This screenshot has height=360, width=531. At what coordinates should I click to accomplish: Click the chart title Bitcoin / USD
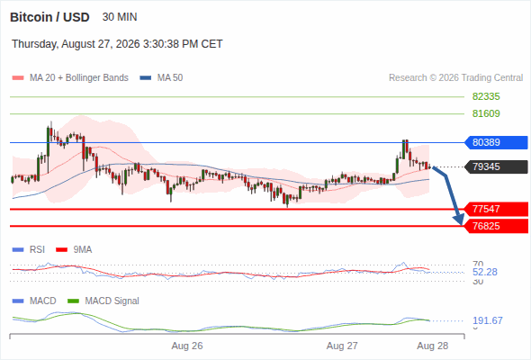point(49,17)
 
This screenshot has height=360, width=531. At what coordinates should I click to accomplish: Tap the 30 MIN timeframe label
point(120,17)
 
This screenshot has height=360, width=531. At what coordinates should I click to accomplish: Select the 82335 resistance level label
point(486,97)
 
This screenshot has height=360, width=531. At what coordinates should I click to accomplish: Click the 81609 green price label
point(486,113)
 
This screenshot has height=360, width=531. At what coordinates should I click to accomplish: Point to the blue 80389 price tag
point(496,142)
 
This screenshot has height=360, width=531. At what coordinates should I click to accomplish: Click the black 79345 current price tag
point(496,166)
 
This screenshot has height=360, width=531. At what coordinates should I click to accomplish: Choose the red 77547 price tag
point(496,209)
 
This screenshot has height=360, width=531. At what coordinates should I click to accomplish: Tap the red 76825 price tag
point(496,226)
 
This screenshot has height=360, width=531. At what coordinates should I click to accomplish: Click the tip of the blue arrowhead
point(462,225)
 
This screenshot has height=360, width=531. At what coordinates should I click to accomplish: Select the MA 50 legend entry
point(161,78)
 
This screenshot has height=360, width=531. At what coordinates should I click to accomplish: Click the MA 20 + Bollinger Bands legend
point(70,78)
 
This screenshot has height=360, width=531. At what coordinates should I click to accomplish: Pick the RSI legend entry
point(29,249)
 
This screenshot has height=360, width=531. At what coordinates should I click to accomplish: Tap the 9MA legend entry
point(74,249)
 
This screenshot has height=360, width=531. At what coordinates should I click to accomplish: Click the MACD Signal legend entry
point(103,301)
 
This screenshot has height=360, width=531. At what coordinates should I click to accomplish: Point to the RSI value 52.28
point(485,272)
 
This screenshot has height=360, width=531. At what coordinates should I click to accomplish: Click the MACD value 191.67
point(488,320)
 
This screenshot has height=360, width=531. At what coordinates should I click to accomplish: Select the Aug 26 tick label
point(187,346)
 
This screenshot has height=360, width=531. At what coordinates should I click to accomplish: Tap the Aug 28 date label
point(433,346)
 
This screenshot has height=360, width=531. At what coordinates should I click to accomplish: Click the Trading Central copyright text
point(455,78)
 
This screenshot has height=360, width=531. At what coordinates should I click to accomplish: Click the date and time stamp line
point(117,44)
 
